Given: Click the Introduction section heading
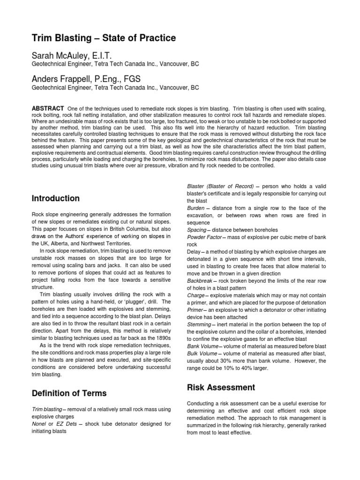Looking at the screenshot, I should click(55, 198).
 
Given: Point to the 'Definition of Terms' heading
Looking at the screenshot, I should click(69, 393).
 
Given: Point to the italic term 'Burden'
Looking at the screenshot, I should click(196, 208).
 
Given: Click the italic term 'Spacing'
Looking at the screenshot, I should click(197, 230).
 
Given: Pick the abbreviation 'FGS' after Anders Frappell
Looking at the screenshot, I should click(132, 78).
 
